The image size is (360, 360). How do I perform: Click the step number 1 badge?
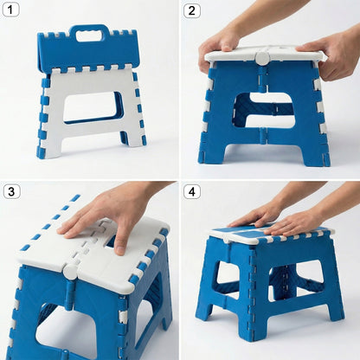click(11, 11)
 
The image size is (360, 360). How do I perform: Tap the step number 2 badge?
click(192, 11)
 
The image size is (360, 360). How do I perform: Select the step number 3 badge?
click(11, 191)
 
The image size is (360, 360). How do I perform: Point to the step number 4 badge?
click(192, 191)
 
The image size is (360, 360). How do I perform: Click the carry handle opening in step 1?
click(90, 35)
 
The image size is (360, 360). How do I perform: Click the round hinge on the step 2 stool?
click(262, 58)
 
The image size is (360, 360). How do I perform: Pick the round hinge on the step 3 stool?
click(69, 272)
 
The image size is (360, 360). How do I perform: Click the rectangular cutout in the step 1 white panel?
click(93, 107)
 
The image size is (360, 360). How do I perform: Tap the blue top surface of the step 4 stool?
click(260, 232)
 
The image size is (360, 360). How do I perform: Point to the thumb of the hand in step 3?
click(121, 235)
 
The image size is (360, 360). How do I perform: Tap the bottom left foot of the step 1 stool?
click(42, 149)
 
